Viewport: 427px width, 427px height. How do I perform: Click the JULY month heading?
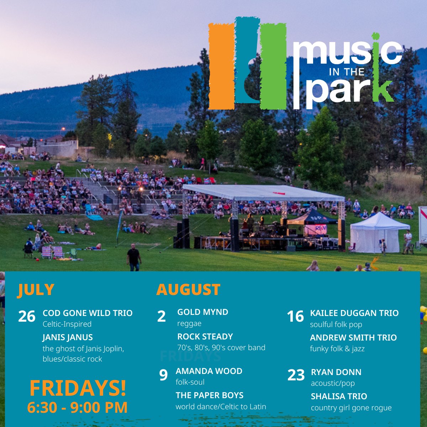tap(36, 290)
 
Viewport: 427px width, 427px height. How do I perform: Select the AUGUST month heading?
tap(188, 290)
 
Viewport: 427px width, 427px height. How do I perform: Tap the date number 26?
tap(27, 316)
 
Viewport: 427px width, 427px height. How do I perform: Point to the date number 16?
tap(295, 316)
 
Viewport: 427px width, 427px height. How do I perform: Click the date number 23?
tap(296, 375)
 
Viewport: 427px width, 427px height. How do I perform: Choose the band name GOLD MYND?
tap(203, 312)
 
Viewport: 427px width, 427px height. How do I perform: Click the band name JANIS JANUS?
tap(68, 337)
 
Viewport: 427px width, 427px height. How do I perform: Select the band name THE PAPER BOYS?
tap(210, 395)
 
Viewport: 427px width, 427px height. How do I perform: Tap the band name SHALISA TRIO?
tap(339, 396)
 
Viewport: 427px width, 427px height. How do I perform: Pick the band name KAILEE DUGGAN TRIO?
tap(354, 313)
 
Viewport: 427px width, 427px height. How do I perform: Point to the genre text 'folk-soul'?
tap(190, 382)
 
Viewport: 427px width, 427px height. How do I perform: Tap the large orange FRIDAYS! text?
tap(78, 388)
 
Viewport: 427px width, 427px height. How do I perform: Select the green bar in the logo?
tap(273, 66)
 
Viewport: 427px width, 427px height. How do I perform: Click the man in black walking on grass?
tap(134, 257)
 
